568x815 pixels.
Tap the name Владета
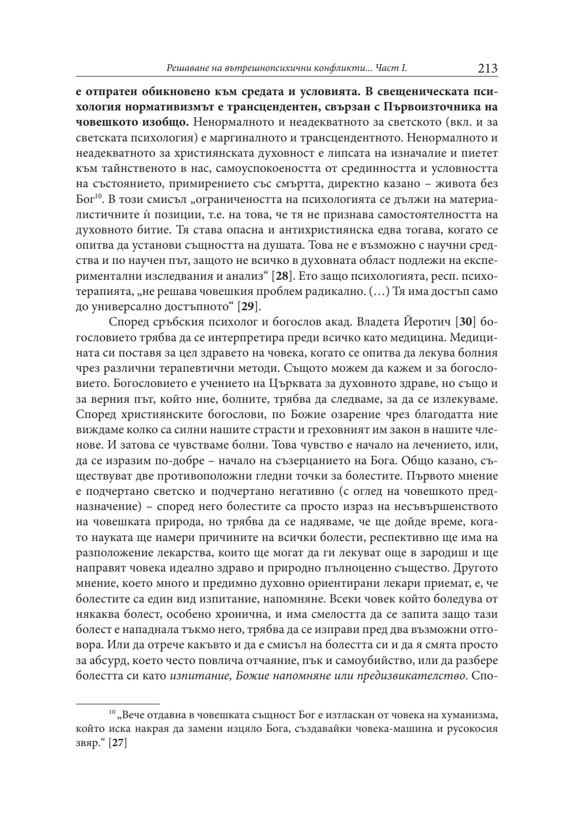point(374,321)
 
